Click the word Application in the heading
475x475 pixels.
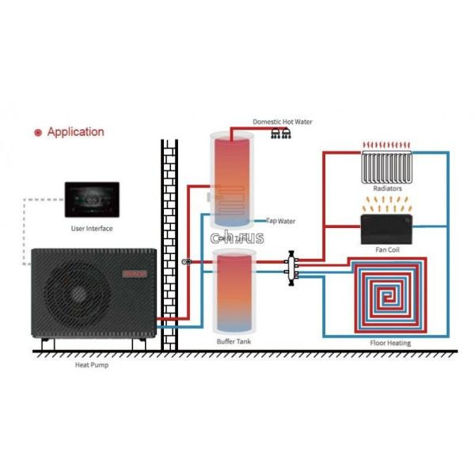pos(75,132)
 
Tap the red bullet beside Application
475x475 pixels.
pos(37,133)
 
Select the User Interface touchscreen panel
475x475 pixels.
pos(92,199)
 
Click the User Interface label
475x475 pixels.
pos(92,229)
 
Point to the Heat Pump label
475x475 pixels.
pos(92,366)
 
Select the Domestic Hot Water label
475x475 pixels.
pos(283,122)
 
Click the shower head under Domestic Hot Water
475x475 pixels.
pos(280,134)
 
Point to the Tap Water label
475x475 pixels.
pos(281,221)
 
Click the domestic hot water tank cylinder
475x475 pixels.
pos(235,178)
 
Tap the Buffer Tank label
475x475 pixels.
pos(235,342)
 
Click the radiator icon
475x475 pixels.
pos(387,166)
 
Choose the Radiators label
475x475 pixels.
pos(387,190)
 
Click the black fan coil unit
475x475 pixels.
pos(386,230)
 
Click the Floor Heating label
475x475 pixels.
pos(389,343)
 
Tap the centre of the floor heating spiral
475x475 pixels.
pos(389,297)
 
